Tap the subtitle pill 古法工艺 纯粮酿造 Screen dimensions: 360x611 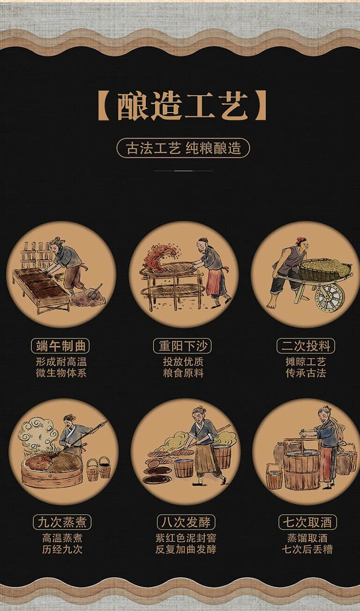pos(183,148)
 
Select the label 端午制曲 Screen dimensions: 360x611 pos(60,346)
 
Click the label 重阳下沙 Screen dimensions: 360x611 pos(182,346)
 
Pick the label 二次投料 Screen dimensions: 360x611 pos(306,346)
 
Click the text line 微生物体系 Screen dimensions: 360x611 pos(61,373)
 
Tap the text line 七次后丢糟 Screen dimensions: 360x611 pos(307,549)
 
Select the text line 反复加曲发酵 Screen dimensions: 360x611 pos(186,549)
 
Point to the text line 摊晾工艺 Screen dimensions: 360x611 pos(306,362)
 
